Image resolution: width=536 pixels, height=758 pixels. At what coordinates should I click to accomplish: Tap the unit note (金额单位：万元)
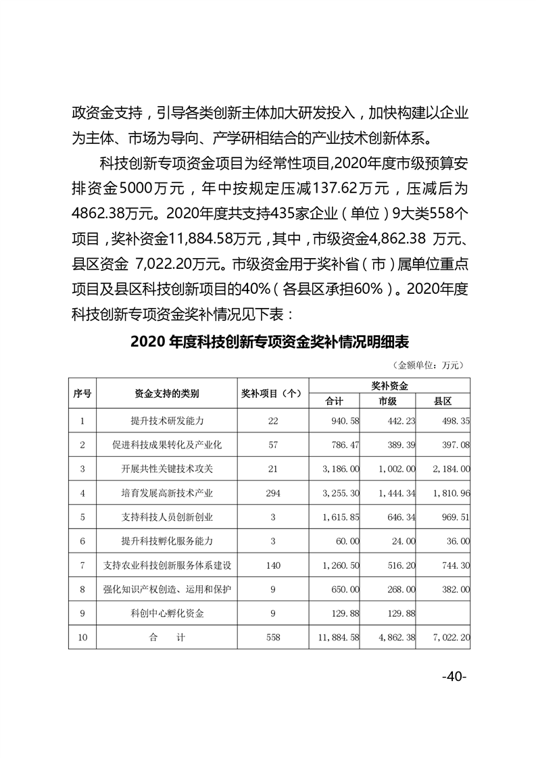429,365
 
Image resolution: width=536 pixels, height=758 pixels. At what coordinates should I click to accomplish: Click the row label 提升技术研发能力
167,421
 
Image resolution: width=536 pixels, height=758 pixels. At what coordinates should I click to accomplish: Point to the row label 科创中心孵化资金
167,614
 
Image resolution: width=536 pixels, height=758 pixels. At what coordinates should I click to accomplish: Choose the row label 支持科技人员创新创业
167,517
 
